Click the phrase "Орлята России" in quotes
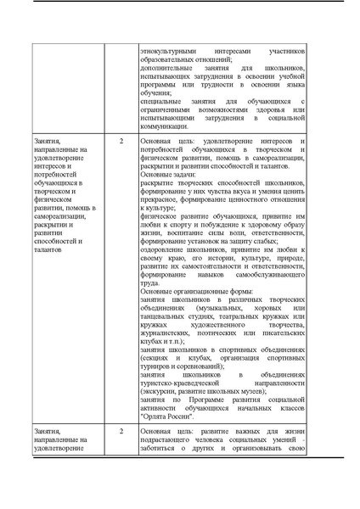pyautogui.click(x=169, y=417)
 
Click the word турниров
pyautogui.click(x=156, y=365)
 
